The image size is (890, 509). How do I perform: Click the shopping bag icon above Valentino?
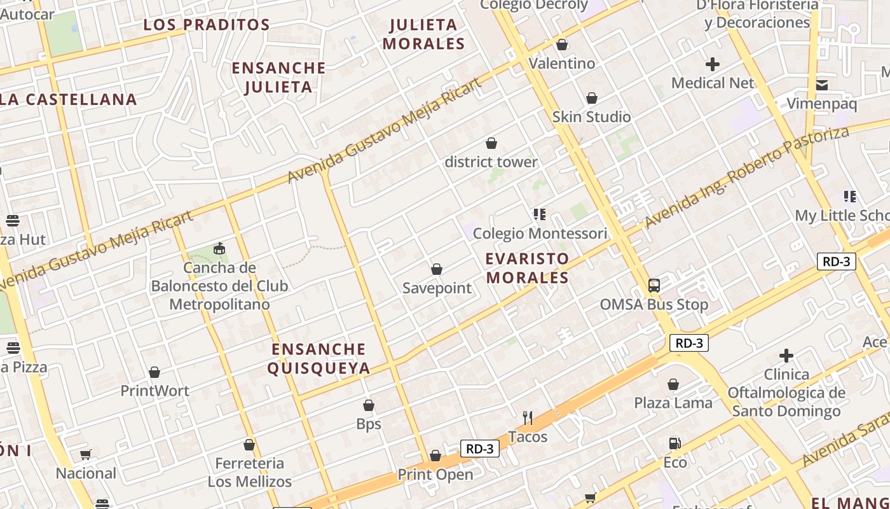tap(562, 45)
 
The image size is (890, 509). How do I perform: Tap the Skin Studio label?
tap(591, 117)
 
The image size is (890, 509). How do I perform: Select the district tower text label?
tap(491, 162)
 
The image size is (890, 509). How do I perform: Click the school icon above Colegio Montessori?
tap(540, 214)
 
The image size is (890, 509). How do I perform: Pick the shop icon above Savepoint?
tap(437, 270)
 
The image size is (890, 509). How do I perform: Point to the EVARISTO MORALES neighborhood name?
tap(527, 268)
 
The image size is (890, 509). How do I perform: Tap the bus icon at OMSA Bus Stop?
tap(654, 286)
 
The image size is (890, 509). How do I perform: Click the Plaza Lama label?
tap(673, 403)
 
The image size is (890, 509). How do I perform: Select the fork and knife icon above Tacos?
tap(528, 417)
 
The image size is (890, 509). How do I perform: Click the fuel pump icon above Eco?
tap(674, 443)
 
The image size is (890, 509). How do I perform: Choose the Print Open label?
tap(435, 475)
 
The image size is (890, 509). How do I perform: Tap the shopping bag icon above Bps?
tap(369, 405)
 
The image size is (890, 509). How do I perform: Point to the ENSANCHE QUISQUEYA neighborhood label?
tap(318, 359)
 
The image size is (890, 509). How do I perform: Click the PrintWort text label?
tap(155, 391)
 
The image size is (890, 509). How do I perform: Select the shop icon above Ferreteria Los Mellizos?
tap(249, 445)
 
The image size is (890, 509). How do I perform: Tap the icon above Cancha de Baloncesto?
tap(219, 248)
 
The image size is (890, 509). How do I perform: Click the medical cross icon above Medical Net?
tap(713, 64)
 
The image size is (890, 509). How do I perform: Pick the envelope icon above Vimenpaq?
tap(822, 85)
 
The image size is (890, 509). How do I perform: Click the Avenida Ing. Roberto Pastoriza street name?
tap(746, 178)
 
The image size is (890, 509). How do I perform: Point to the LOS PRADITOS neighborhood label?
tap(207, 25)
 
